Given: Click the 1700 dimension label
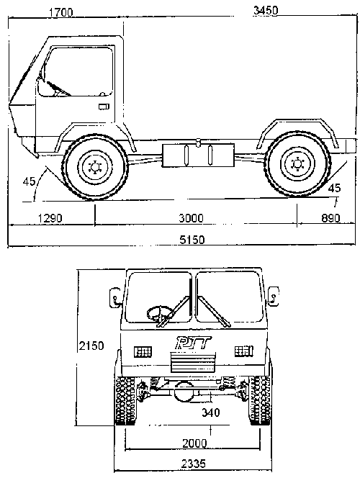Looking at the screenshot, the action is pos(61,12).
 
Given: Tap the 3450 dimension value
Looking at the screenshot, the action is pos(266,10).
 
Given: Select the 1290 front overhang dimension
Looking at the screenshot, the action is pos(50,218).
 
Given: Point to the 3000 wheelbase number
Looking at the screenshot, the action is pos(191,218).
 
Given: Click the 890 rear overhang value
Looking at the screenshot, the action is pos(330,218).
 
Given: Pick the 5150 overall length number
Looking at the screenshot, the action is pos(192,240).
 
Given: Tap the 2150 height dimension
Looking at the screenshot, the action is pos(91,346).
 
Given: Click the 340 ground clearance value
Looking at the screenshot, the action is pos(211,412).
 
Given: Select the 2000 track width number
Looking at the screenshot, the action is pos(194,443).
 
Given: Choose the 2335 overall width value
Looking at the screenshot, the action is pos(194,464).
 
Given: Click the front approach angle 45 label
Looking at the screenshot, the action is pos(30,181).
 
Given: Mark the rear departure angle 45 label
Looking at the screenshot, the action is pos(334,188).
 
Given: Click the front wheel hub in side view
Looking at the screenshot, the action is pos(95,167).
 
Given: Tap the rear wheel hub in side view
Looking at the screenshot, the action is pos(297,164).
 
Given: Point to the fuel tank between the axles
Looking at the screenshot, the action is pos(198,155).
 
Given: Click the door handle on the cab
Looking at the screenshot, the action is pos(104,107).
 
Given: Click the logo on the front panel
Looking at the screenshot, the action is pos(194,343).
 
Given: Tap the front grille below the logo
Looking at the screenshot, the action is pos(193,362).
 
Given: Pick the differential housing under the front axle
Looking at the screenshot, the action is pos(184,392).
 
